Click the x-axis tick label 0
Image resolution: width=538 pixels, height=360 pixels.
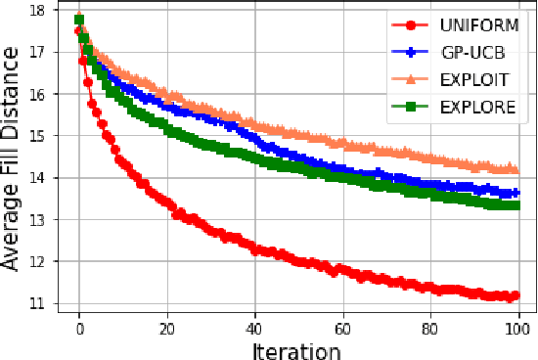(79, 329)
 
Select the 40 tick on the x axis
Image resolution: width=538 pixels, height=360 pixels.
(254, 329)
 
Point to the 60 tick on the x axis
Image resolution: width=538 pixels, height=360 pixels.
(342, 329)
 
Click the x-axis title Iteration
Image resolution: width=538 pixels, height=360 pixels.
(296, 350)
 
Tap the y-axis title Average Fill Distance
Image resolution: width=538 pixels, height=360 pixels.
(14, 161)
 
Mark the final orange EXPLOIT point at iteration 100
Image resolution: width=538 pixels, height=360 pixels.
(516, 169)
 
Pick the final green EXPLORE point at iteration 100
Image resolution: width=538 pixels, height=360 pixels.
(516, 205)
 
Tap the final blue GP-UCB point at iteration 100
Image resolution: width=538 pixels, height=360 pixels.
(516, 193)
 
